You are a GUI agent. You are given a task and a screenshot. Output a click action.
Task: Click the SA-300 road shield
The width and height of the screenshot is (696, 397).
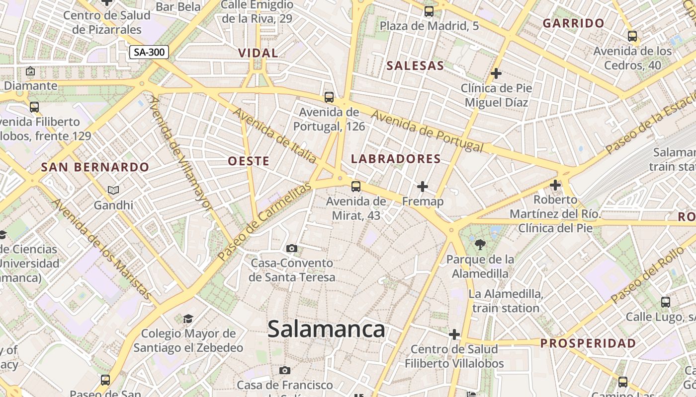tap(149, 52)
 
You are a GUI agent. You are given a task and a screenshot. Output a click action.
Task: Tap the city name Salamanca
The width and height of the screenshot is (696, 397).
tap(326, 329)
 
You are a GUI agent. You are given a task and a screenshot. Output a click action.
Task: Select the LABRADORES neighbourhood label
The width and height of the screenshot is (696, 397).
tap(396, 159)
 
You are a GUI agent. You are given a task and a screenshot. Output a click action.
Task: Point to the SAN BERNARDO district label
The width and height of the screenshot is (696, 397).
tap(95, 167)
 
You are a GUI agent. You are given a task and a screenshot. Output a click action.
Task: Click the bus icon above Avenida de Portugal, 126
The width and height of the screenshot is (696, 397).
tap(329, 97)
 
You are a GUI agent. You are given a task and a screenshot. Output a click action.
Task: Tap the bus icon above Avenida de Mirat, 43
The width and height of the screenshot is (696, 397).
tap(355, 186)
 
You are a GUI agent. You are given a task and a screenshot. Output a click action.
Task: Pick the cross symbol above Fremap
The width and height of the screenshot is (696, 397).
tap(423, 187)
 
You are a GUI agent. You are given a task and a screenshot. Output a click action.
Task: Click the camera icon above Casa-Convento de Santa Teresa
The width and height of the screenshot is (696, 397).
tap(292, 248)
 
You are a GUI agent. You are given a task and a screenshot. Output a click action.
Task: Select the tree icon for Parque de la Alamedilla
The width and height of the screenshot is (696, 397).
tap(480, 244)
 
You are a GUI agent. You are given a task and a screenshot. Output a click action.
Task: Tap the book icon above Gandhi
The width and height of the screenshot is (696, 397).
tap(113, 190)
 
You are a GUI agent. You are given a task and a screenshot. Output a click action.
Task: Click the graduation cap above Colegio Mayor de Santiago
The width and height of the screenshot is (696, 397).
tap(188, 318)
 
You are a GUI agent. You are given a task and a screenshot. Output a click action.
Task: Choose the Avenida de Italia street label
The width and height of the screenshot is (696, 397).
tap(275, 135)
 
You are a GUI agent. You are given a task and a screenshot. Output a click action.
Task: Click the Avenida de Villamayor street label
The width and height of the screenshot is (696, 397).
tap(181, 153)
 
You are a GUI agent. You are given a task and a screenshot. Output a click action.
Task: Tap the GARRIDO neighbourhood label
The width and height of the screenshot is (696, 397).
tap(573, 23)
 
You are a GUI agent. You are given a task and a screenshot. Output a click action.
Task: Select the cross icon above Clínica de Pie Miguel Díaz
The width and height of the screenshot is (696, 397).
tap(496, 73)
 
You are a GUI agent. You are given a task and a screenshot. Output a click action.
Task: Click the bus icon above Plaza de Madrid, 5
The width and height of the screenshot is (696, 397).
tap(429, 11)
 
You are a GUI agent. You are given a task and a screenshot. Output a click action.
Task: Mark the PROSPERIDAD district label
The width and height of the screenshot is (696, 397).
tap(588, 343)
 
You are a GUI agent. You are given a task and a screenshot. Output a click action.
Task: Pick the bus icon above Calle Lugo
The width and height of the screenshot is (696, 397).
tap(665, 302)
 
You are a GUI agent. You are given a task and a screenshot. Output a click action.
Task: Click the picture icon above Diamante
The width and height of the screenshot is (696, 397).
tap(30, 71)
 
